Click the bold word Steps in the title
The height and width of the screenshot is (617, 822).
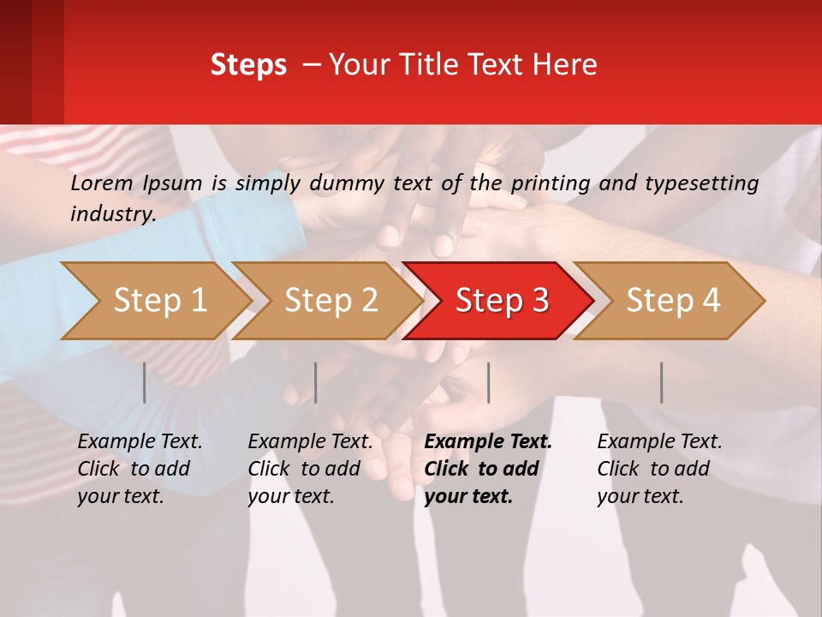click(248, 64)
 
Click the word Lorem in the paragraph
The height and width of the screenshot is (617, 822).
click(101, 183)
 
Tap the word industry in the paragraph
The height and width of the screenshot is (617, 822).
click(112, 213)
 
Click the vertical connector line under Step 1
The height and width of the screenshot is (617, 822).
click(145, 382)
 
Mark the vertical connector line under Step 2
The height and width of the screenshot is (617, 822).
click(316, 382)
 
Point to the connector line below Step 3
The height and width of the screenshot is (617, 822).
click(489, 382)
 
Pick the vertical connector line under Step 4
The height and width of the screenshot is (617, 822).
click(662, 382)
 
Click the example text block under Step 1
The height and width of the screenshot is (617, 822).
click(140, 469)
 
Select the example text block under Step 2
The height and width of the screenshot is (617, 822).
click(310, 469)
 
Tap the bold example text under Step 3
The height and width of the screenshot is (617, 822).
click(488, 469)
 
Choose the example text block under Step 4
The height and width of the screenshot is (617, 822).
click(659, 469)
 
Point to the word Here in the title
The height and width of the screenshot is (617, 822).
click(563, 64)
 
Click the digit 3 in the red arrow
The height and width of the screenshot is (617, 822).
click(539, 301)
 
